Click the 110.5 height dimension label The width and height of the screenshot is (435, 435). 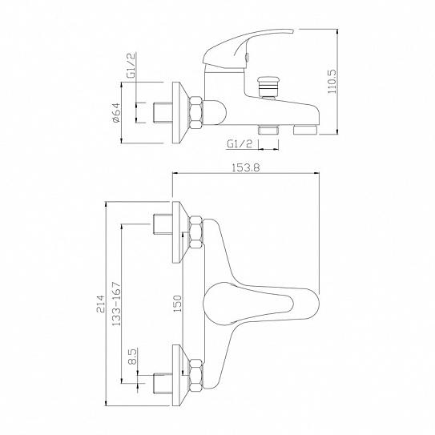(x=332, y=81)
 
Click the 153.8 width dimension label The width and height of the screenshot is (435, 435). (x=246, y=168)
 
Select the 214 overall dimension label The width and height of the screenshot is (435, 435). (x=100, y=304)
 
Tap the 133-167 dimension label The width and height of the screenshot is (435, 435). (x=116, y=304)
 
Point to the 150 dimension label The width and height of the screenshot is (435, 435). (x=177, y=304)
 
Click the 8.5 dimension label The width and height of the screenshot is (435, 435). (x=133, y=356)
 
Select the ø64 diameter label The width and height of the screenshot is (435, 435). (x=116, y=113)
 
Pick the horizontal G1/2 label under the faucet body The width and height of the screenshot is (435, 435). (x=240, y=144)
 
